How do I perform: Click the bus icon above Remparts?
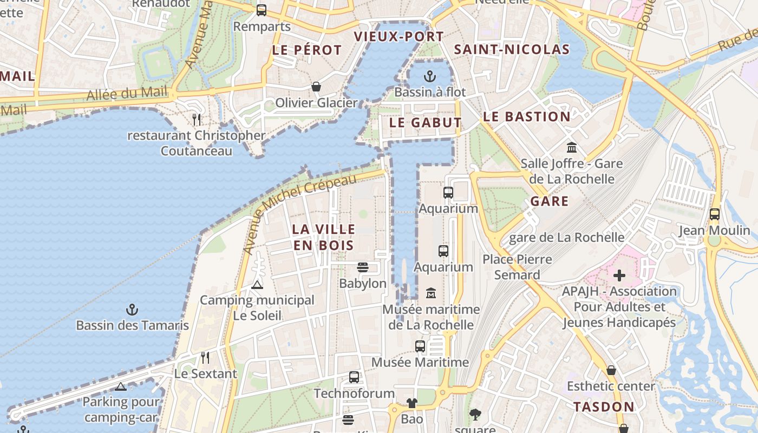click(x=262, y=10)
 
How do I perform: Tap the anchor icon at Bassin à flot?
click(x=430, y=76)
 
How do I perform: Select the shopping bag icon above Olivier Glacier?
click(x=316, y=87)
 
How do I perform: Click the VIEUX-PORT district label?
click(x=398, y=37)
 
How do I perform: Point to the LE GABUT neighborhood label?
click(x=425, y=123)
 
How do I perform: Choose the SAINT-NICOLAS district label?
click(x=512, y=50)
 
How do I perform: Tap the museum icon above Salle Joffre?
click(x=571, y=147)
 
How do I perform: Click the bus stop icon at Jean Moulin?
click(x=715, y=214)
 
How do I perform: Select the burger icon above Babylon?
click(x=363, y=267)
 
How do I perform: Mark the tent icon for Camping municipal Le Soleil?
click(x=257, y=285)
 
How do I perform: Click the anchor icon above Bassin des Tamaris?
click(x=132, y=310)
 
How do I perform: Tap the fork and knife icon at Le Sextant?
click(x=205, y=358)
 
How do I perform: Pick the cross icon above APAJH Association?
click(x=619, y=275)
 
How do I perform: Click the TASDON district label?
click(x=604, y=407)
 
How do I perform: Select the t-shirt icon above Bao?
click(x=412, y=403)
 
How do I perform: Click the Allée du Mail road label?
click(x=127, y=94)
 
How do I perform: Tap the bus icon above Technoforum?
click(x=354, y=377)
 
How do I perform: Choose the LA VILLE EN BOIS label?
click(x=323, y=237)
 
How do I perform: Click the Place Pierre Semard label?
click(x=517, y=267)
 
